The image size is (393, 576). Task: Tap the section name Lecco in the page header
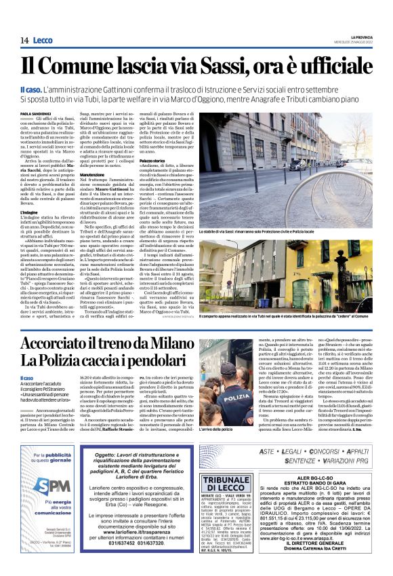pos(43,41)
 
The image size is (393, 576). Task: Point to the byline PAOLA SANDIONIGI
pos(35,114)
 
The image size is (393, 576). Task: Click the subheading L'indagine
pos(30,212)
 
